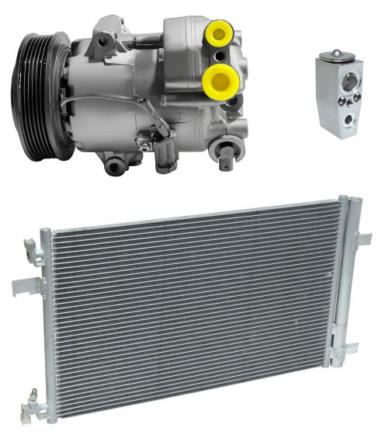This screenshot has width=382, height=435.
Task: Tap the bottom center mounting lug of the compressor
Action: pos(115,163)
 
